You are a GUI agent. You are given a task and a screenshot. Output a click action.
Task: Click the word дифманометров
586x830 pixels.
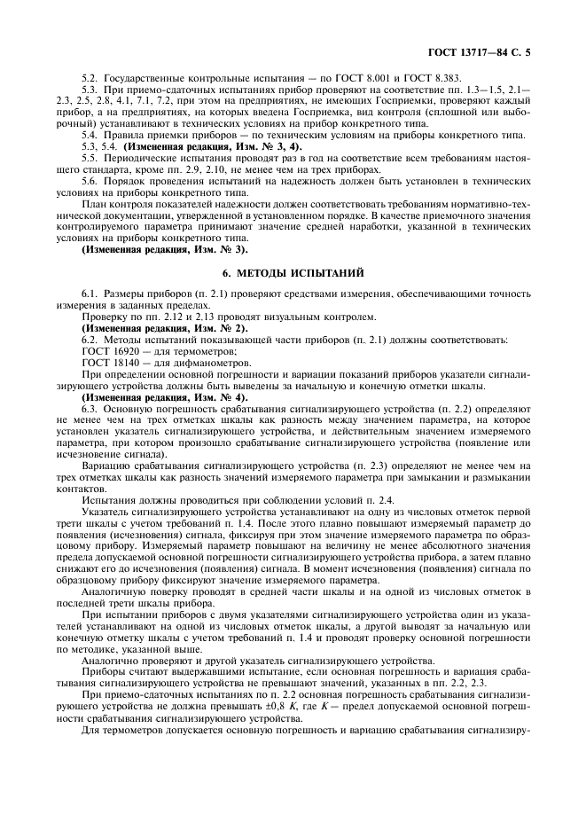[x=186, y=363]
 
